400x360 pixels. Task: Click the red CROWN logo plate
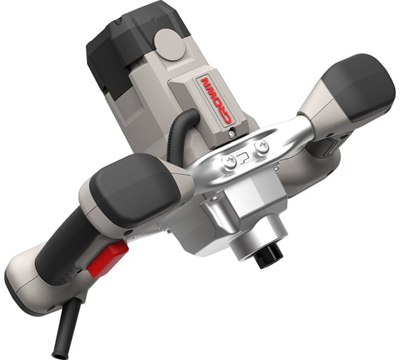(216, 102)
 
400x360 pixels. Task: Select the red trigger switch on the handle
(107, 259)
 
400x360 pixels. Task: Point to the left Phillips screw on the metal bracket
(229, 161)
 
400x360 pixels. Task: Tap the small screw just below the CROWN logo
(232, 133)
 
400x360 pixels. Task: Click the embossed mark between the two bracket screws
(244, 159)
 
